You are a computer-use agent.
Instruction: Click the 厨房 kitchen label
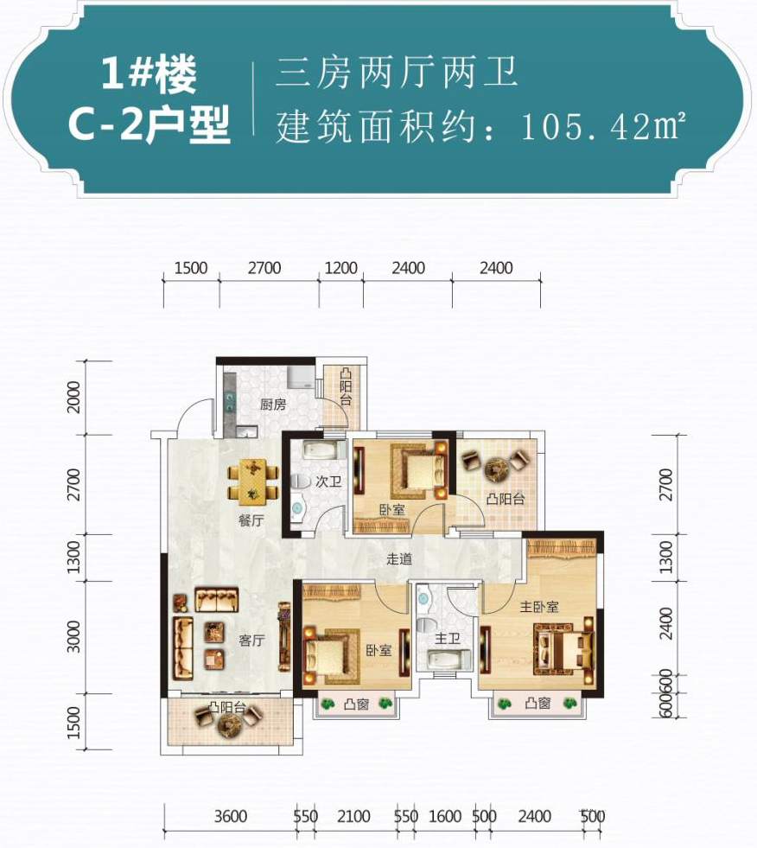click(272, 404)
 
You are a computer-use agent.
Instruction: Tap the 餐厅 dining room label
click(251, 520)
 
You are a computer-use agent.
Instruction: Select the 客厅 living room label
click(251, 641)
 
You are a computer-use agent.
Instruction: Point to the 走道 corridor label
click(399, 558)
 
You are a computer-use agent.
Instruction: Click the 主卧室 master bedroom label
click(538, 607)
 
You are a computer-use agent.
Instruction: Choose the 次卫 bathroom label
click(328, 481)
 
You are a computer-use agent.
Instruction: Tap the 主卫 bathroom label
click(447, 639)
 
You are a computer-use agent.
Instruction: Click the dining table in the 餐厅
click(252, 479)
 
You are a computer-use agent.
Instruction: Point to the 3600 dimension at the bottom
click(231, 816)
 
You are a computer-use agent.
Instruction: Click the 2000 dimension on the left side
click(74, 397)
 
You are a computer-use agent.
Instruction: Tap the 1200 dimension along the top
click(340, 268)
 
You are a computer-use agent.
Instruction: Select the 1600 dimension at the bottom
click(445, 816)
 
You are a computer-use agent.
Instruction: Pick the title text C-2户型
click(150, 124)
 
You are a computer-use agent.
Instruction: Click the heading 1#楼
click(149, 73)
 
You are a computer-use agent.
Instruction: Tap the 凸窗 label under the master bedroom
click(538, 703)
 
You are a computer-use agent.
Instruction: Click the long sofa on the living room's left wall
click(182, 649)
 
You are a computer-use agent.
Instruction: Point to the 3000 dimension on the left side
click(74, 636)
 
